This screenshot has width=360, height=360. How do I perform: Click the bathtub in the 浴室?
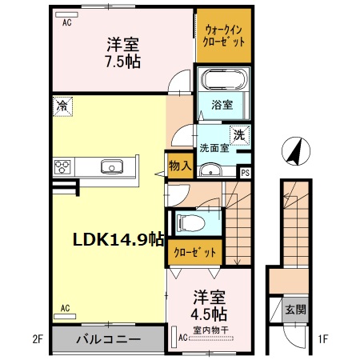pyautogui.click(x=224, y=79)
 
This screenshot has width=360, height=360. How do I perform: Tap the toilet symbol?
pyautogui.click(x=191, y=222)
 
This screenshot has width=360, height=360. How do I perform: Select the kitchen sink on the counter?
pyautogui.click(x=112, y=166)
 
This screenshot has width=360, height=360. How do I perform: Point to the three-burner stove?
pyautogui.click(x=62, y=166)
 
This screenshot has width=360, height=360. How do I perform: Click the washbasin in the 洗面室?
pyautogui.click(x=210, y=170)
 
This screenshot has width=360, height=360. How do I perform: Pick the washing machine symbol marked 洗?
pyautogui.click(x=239, y=135)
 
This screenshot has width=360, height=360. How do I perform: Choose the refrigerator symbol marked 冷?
pyautogui.click(x=62, y=106)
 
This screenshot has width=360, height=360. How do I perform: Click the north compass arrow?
pyautogui.click(x=296, y=151)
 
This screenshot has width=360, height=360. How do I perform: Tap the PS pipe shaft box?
pyautogui.click(x=245, y=173)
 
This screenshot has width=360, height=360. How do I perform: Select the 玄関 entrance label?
pyautogui.click(x=295, y=310)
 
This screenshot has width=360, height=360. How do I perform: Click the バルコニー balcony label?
pyautogui.click(x=109, y=339)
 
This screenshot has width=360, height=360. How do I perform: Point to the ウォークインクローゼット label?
pyautogui.click(x=224, y=36)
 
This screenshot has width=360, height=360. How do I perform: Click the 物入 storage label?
pyautogui.click(x=180, y=166)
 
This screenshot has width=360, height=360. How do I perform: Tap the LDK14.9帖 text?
pyautogui.click(x=118, y=239)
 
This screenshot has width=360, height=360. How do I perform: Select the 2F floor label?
pyautogui.click(x=38, y=339)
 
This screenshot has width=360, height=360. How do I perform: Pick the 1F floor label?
pyautogui.click(x=322, y=339)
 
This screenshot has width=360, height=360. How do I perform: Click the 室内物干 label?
pyautogui.click(x=210, y=330)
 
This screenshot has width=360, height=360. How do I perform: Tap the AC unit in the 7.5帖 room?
pyautogui.click(x=66, y=14)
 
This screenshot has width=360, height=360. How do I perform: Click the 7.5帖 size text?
pyautogui.click(x=123, y=62)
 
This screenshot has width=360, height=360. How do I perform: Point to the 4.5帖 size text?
pyautogui.click(x=209, y=314)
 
